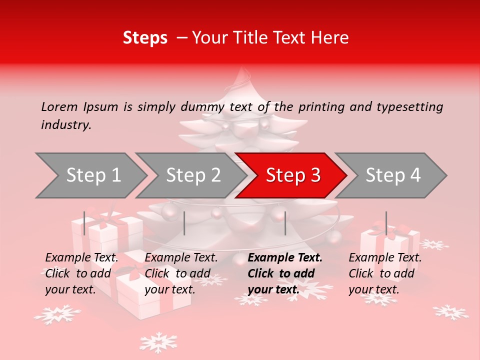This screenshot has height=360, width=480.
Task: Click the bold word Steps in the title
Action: point(145,38)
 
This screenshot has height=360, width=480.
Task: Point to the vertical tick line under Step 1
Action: point(84,223)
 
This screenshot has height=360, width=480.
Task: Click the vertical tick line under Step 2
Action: point(184,223)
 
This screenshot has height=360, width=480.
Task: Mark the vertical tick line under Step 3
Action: point(285,223)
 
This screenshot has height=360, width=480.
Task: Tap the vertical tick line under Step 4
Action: point(386,223)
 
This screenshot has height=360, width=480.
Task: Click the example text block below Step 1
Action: point(81,273)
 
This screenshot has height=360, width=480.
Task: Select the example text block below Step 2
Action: point(181,273)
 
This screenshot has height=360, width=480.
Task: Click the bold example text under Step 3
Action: point(285,273)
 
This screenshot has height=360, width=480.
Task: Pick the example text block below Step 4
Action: point(385,273)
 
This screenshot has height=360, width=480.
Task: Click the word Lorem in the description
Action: point(59,106)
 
